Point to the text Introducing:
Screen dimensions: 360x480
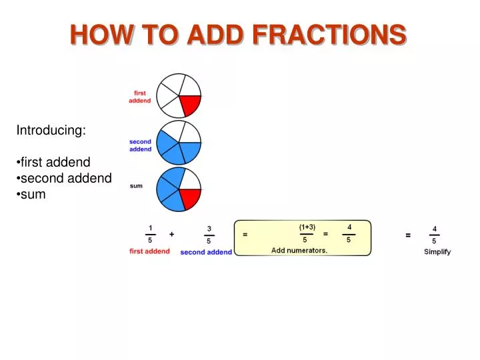click(x=51, y=131)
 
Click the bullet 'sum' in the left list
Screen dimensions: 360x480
click(x=33, y=195)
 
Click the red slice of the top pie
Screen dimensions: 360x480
click(x=189, y=104)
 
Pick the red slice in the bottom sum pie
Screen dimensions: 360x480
click(x=189, y=197)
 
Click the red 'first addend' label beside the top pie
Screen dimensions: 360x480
click(x=140, y=97)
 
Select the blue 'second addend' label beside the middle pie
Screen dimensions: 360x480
click(x=140, y=145)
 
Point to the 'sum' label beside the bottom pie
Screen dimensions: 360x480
click(x=136, y=186)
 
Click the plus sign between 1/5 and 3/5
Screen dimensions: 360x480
click(x=171, y=235)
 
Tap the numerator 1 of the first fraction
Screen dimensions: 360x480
click(x=151, y=227)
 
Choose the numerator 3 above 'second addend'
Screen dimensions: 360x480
click(x=209, y=228)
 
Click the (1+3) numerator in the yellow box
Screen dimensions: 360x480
click(x=307, y=227)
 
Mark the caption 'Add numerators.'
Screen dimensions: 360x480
click(x=299, y=251)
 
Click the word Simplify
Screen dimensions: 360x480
click(x=437, y=252)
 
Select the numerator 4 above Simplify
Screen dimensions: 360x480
click(x=435, y=228)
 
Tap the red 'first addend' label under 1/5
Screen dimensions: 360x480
click(x=149, y=251)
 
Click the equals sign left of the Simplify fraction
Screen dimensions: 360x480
click(x=408, y=235)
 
